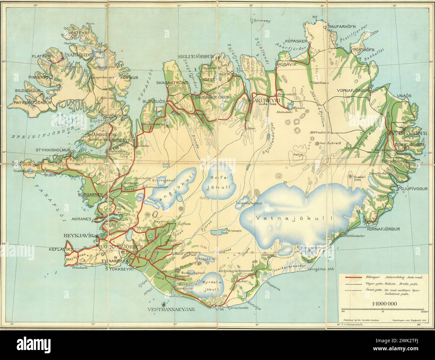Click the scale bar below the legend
coord(382,309)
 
